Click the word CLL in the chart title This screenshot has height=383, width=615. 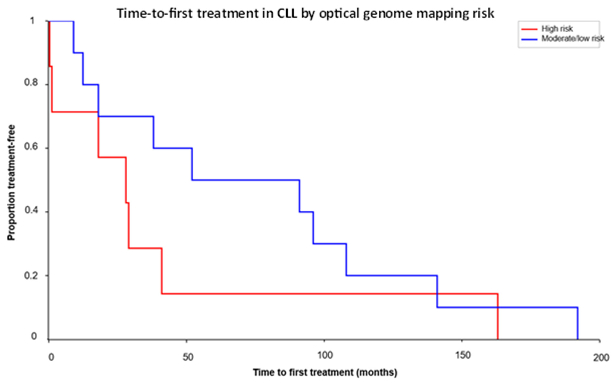tap(287, 13)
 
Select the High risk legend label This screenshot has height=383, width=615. tap(557, 29)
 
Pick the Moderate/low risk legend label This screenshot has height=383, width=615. tap(573, 38)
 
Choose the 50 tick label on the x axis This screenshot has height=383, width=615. tap(188, 357)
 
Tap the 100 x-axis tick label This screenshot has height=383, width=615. tap(325, 356)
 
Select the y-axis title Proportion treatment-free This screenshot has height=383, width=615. tap(11, 182)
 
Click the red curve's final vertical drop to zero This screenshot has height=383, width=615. tap(498, 317)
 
